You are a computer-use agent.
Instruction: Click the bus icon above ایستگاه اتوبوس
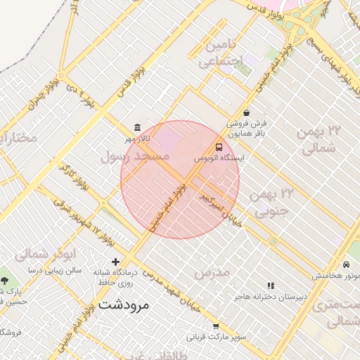click(x=219, y=148)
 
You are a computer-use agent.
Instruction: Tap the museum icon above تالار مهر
click(x=136, y=128)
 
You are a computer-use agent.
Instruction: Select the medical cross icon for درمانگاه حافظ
click(x=116, y=262)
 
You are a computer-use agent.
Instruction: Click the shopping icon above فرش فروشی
click(x=246, y=112)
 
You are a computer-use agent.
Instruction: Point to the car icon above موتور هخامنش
click(x=347, y=264)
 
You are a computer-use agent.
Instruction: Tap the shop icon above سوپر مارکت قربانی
click(x=216, y=326)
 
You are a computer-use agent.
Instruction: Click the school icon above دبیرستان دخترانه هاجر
click(x=271, y=285)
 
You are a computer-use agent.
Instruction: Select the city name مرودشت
click(x=124, y=306)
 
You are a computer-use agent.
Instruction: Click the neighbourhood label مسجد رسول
click(x=136, y=157)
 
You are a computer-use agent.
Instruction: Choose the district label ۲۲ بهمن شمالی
click(x=323, y=139)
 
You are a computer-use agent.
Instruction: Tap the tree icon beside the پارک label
click(x=5, y=281)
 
